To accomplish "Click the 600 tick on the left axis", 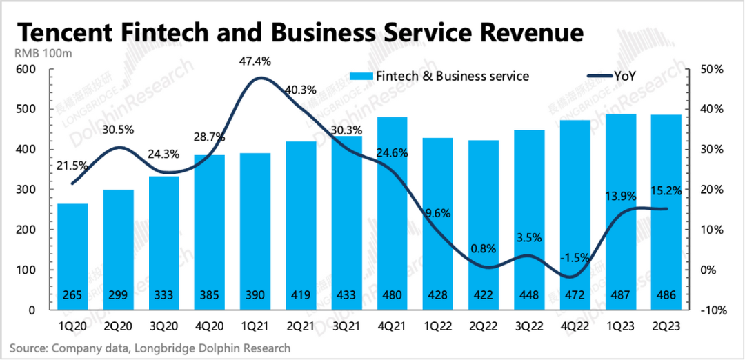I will click(26, 70).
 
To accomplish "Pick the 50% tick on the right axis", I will click(711, 70).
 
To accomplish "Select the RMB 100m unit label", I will click(42, 53).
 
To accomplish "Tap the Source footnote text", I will click(150, 348).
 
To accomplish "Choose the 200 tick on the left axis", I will click(26, 230).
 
